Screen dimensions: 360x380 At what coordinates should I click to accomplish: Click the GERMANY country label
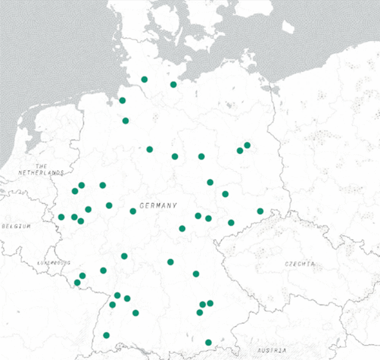(x=158, y=206)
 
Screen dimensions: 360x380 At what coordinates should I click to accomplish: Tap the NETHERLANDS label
(x=40, y=173)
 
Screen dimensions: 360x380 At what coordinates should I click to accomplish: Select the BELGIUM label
(x=16, y=226)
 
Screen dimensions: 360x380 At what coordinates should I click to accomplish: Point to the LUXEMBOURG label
(x=53, y=262)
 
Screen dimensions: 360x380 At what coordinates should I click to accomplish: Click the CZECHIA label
(x=300, y=263)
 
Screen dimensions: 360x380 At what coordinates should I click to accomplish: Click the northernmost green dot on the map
(x=144, y=79)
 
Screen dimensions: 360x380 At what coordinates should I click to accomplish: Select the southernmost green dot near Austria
(x=208, y=342)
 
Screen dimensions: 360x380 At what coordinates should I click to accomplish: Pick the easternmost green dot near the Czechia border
(x=260, y=211)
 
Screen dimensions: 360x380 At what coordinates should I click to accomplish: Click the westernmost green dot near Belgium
(x=61, y=217)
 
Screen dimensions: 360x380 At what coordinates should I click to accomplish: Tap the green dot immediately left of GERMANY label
(x=133, y=211)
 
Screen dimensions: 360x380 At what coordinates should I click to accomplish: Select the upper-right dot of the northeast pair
(x=247, y=145)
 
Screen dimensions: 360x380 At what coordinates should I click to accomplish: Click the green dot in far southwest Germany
(x=106, y=335)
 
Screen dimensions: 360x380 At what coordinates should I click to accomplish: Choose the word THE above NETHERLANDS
(x=41, y=165)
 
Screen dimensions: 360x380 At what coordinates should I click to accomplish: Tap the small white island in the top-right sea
(x=288, y=27)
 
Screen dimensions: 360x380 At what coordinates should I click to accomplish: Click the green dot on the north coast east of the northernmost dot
(x=173, y=84)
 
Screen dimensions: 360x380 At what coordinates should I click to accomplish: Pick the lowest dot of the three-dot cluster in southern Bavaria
(x=199, y=313)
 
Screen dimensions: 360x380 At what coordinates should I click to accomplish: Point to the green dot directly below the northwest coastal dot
(x=125, y=120)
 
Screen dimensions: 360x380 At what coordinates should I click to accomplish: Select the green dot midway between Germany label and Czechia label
(x=231, y=222)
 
